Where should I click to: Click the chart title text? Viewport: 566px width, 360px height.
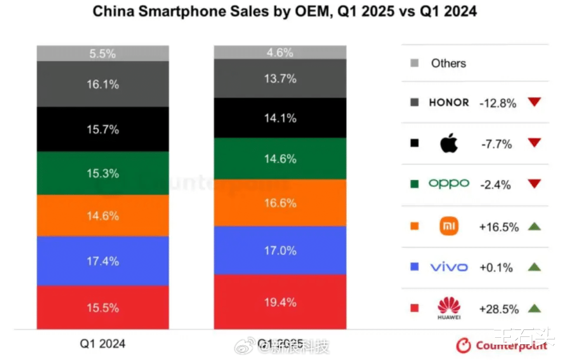284,11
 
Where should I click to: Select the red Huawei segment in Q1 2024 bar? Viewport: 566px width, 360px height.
103,308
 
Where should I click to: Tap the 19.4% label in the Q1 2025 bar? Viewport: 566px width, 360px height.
280,302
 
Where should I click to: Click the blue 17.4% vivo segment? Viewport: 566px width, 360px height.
103,261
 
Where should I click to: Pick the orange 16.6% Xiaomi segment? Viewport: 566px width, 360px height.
280,203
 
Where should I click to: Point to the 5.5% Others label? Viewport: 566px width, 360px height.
103,53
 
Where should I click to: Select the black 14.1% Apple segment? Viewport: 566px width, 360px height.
280,118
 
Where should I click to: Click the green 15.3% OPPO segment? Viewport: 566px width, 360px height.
103,173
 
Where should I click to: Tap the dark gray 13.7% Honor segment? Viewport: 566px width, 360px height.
280,78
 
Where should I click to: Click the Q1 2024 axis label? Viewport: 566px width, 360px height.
103,344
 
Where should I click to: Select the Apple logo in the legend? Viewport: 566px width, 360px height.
449,143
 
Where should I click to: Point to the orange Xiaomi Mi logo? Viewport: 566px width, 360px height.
449,226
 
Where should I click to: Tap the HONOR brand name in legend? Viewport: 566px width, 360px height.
449,102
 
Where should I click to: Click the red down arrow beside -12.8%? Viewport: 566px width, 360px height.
534,102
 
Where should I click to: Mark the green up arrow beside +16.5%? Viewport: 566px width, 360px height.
534,226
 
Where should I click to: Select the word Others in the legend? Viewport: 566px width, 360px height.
448,63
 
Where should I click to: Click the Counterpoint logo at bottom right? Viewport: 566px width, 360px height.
502,345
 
